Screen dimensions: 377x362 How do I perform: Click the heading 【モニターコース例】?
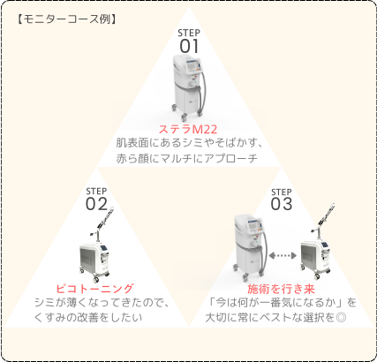66,19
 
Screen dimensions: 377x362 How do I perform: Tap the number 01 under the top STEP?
189,46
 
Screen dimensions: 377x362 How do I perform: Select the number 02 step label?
96,204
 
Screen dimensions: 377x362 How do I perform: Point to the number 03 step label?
282,204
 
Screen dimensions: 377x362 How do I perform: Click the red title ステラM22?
188,129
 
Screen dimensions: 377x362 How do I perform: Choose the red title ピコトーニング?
94,289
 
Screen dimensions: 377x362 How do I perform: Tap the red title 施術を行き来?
281,289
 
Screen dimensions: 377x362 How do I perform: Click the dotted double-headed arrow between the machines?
283,255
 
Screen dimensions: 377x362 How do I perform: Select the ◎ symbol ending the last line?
341,318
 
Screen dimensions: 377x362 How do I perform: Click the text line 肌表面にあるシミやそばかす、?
189,143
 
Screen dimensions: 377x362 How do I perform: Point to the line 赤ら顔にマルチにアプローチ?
187,158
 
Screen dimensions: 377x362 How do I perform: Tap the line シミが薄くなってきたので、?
102,303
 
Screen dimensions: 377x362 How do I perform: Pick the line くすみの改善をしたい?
88,318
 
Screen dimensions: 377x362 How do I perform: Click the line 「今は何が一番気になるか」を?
282,303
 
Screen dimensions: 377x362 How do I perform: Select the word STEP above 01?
189,33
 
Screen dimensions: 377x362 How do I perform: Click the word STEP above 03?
282,192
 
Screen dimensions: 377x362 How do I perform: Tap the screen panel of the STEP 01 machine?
192,65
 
